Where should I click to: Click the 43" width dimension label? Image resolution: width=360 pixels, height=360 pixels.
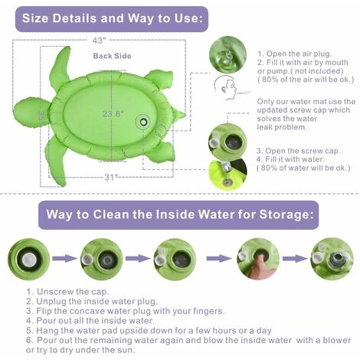pos(100,41)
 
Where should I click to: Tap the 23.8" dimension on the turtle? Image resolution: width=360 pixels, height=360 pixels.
pos(113,113)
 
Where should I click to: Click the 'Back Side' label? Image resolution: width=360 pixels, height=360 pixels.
pos(112,56)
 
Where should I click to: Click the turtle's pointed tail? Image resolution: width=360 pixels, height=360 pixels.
pos(178,114)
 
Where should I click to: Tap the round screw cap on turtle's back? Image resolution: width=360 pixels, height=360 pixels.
pos(143,123)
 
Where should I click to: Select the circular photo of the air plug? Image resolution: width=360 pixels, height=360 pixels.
pos(227,55)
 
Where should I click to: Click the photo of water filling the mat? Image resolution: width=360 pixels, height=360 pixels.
pos(227,174)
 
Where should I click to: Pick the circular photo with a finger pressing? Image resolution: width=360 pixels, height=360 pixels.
pos(258,259)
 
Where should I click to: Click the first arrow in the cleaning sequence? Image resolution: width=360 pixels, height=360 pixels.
pos(65,258)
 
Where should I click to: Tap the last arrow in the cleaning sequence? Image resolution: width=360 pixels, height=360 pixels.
pos(295,258)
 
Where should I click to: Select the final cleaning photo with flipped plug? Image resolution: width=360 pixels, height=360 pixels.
pos(332,259)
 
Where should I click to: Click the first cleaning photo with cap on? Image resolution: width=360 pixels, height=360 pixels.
pos(29,259)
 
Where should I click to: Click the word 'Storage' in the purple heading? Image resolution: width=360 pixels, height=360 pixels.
pos(286,214)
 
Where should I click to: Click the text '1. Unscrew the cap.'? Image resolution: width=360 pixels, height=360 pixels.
pos(67,292)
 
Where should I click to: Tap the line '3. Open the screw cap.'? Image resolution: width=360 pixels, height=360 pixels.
pos(299,151)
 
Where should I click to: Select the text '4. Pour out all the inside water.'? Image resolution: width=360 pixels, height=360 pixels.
pos(90,320)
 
